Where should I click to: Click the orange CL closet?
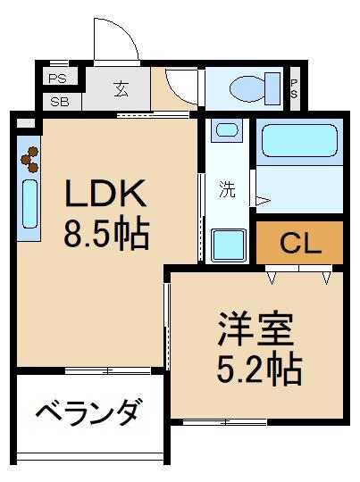click(x=300, y=242)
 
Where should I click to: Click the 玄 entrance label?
click(x=121, y=87)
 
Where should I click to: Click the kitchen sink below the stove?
click(x=29, y=206)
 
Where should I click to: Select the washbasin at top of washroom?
click(x=227, y=131)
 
